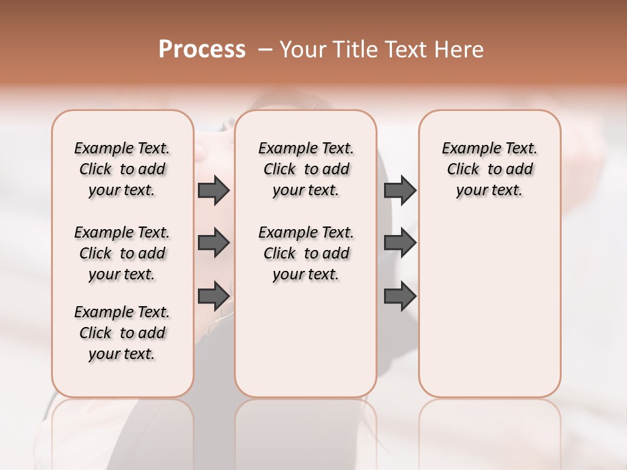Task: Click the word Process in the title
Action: [202, 50]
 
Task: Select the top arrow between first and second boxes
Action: [214, 190]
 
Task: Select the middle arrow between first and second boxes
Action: [214, 243]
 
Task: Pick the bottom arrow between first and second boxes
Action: [214, 296]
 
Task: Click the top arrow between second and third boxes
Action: [400, 190]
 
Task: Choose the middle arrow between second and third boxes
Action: [400, 243]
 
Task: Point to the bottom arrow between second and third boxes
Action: [400, 296]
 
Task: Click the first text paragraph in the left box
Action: [122, 169]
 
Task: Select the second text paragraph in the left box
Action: [122, 253]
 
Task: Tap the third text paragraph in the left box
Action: [122, 333]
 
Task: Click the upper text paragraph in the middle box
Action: [306, 169]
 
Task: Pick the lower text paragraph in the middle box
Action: [306, 253]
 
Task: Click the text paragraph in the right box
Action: [490, 169]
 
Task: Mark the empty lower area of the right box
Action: [490, 307]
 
